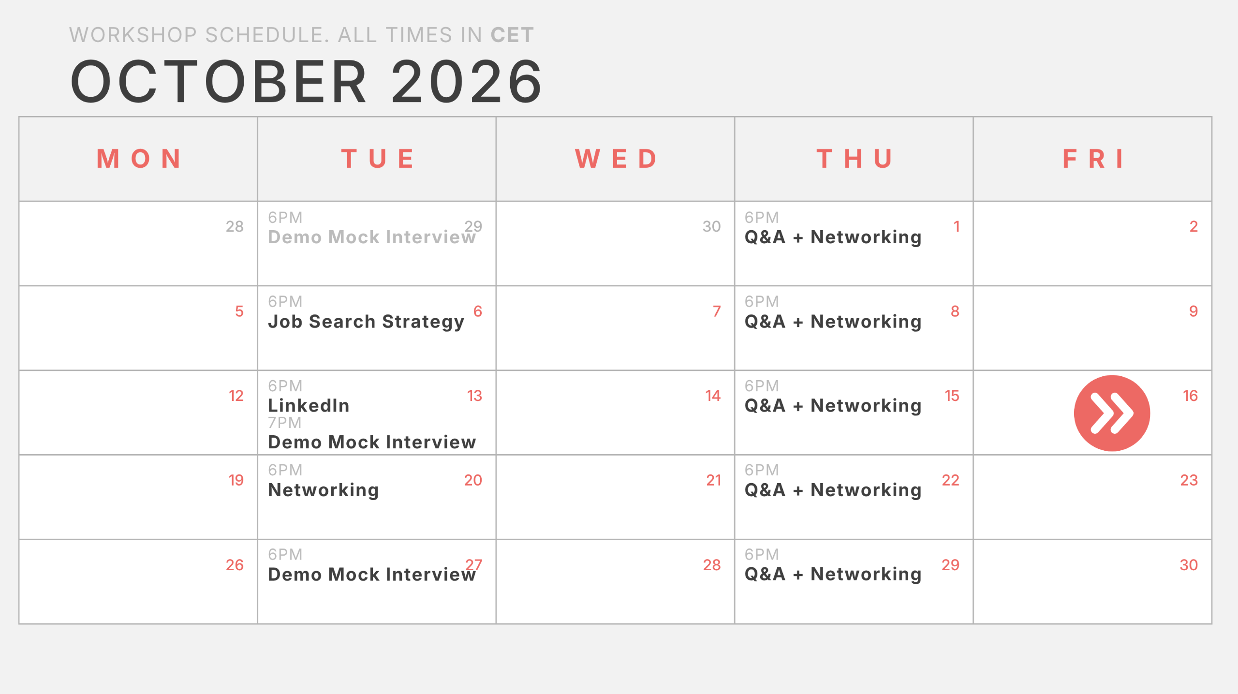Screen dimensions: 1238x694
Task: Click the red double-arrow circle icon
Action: pos(1112,413)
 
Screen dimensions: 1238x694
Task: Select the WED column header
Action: pos(617,159)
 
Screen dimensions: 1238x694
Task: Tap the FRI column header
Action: pos(1093,159)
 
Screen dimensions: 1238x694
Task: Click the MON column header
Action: pos(139,159)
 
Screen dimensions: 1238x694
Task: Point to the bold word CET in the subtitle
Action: pos(512,35)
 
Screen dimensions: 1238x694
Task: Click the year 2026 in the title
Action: pos(467,81)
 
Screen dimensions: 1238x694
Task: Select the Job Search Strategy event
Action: pos(366,322)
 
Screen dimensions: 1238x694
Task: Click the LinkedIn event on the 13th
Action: pos(309,405)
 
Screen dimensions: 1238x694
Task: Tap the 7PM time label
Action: pos(285,423)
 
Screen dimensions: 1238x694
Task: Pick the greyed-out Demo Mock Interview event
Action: pos(372,237)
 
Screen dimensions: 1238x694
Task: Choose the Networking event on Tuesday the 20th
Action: pos(324,490)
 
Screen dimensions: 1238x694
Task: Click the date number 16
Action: pos(1190,396)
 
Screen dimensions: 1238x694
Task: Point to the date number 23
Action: pos(1189,480)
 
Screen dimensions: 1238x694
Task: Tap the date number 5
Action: pos(239,311)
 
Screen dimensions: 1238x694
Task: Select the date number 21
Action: pos(713,480)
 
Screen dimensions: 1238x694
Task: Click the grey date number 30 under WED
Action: pos(711,226)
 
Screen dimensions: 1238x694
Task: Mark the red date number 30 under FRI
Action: pos(1189,565)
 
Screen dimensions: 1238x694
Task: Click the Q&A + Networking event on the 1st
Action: pos(833,237)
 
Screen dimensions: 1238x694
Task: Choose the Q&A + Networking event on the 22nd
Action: pos(833,490)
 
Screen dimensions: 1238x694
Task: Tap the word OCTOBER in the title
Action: pos(219,81)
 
